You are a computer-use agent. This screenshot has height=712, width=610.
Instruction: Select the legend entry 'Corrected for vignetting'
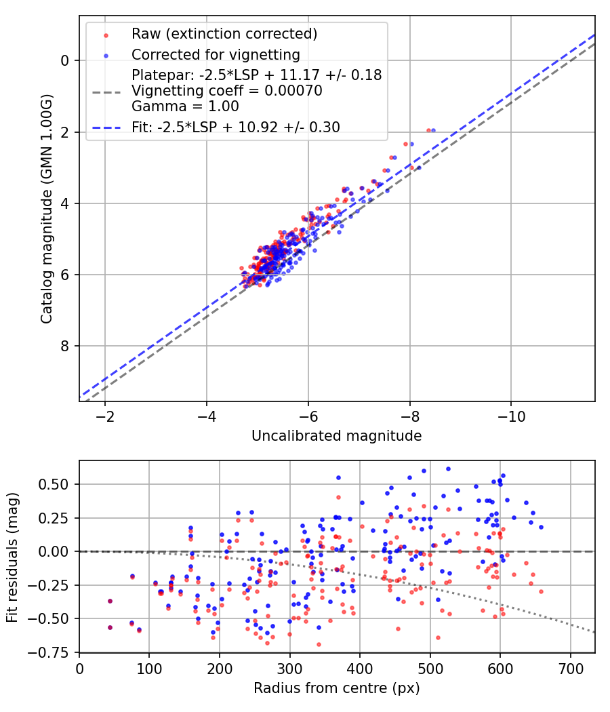pos(216,54)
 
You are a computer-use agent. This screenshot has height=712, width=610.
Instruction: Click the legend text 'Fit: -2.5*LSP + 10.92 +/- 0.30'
pos(236,127)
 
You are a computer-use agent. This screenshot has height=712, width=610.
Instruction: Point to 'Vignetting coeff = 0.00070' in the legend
pos(227,91)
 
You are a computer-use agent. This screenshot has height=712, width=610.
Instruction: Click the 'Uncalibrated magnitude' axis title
pos(336,436)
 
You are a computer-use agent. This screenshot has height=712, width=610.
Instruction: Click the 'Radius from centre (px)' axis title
pos(336,688)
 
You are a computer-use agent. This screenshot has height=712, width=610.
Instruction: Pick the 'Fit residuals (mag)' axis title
pos(12,556)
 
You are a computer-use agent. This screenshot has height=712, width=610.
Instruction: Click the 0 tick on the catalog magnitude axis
pos(66,61)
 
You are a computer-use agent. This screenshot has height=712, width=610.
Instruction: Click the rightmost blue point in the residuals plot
pos(540,527)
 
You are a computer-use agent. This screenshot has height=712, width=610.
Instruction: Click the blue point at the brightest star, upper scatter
pos(433,130)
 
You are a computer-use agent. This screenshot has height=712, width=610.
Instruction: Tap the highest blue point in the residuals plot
pos(448,469)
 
